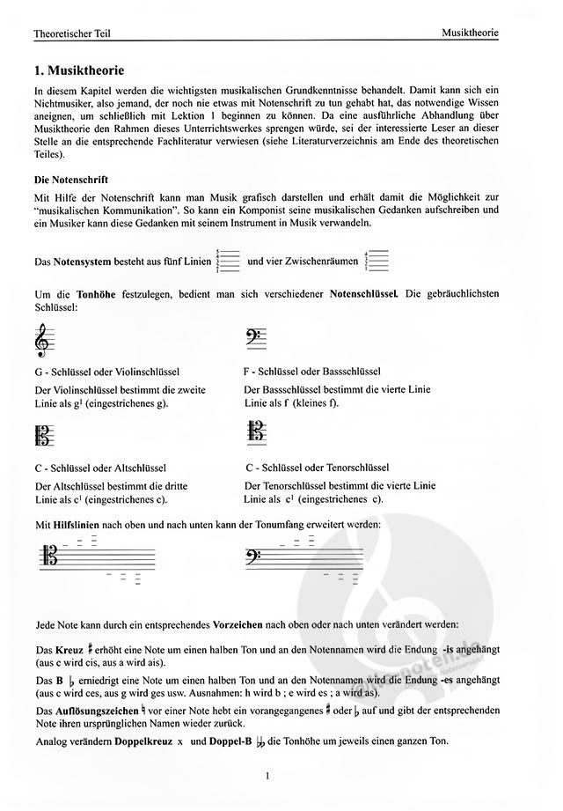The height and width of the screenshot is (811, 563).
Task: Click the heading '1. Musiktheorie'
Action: point(78,70)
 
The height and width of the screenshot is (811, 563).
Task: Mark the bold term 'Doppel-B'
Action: point(231,741)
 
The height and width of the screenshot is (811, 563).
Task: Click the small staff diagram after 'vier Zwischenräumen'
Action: point(377,261)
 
